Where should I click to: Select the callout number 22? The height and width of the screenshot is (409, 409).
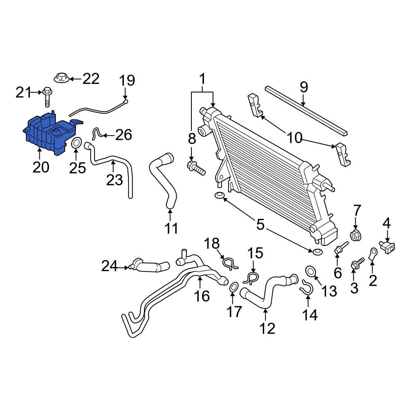[x=91, y=79]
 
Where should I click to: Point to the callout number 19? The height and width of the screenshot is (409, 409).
[x=127, y=80]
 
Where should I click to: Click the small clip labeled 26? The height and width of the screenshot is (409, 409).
[x=96, y=133]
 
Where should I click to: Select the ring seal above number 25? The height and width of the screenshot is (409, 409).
[x=76, y=144]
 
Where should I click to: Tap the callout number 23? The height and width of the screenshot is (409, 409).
[x=114, y=179]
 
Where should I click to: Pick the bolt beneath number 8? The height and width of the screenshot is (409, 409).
[x=196, y=167]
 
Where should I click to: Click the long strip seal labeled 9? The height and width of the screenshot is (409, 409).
[x=307, y=110]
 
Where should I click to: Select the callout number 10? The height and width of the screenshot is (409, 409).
[x=294, y=138]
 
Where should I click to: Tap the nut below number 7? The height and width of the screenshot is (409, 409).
[x=355, y=236]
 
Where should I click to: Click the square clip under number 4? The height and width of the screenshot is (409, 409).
[x=387, y=246]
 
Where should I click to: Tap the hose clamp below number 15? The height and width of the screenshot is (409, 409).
[x=250, y=279]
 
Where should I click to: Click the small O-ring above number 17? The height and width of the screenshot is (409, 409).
[x=234, y=288]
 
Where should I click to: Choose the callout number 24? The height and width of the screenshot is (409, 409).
[x=109, y=267]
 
